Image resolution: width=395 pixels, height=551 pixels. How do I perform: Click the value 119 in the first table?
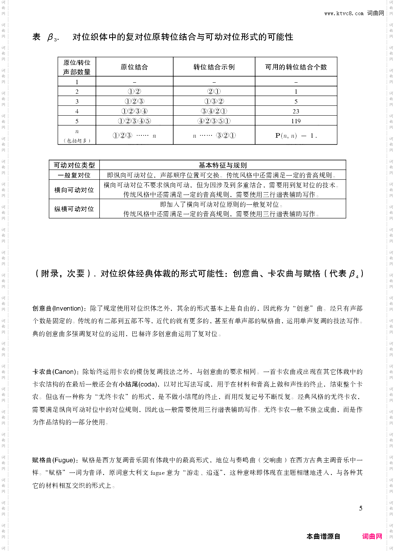click(x=296, y=121)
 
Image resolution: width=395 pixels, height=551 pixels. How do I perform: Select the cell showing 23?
click(x=296, y=111)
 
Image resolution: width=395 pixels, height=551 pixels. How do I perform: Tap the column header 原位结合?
click(x=134, y=67)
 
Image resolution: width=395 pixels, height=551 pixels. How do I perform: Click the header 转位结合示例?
click(x=214, y=67)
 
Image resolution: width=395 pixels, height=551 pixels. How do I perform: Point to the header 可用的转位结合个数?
click(x=296, y=67)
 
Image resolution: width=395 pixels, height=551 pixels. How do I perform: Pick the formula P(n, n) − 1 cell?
click(x=296, y=135)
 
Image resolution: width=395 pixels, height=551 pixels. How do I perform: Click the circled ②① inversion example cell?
click(x=214, y=91)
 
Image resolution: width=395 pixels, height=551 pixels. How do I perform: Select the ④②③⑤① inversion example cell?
click(x=214, y=121)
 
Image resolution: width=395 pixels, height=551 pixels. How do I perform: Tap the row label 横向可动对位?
click(x=74, y=190)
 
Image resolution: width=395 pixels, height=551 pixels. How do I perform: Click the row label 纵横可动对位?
click(x=74, y=209)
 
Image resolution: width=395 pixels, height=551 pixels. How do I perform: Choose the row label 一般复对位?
click(x=74, y=175)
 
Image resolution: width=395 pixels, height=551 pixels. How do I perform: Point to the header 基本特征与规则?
click(x=223, y=165)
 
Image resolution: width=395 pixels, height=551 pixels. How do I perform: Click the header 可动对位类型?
click(x=74, y=165)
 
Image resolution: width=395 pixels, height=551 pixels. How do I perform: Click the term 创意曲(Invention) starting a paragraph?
click(x=57, y=309)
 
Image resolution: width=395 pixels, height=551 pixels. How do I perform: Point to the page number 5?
click(x=361, y=508)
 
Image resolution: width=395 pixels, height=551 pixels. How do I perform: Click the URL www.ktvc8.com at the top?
click(x=344, y=13)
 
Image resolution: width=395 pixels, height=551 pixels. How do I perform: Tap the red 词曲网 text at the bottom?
click(x=372, y=536)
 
